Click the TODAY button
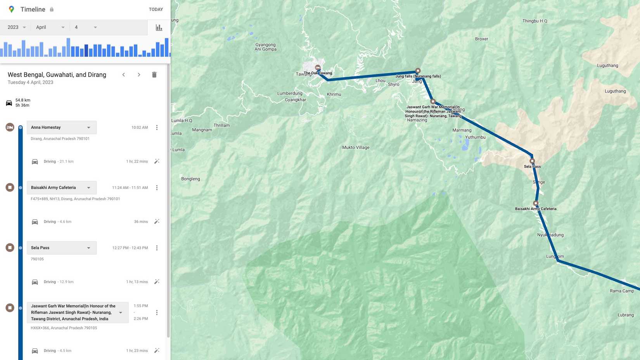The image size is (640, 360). coord(156,9)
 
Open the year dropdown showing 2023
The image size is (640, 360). coord(17,27)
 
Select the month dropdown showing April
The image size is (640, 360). coord(50,27)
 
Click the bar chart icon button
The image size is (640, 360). coord(159,28)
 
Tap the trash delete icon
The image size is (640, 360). coord(154,75)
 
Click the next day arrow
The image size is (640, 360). coord(139,75)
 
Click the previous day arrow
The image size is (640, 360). coord(124,75)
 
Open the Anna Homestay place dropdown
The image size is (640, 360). coord(88,128)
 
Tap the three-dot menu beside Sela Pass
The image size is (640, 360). coord(157,248)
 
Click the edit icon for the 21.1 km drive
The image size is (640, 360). coord(157,161)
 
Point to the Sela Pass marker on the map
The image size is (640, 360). coord(532,161)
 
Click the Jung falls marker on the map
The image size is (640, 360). coord(418,71)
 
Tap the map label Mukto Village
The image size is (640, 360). coord(356,147)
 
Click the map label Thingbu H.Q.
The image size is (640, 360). coord(535,21)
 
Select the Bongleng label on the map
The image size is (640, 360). coord(190,179)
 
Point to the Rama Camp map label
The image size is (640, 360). coord(622,291)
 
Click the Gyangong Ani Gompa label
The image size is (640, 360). coord(265,47)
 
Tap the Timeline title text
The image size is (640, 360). coord(33,9)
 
